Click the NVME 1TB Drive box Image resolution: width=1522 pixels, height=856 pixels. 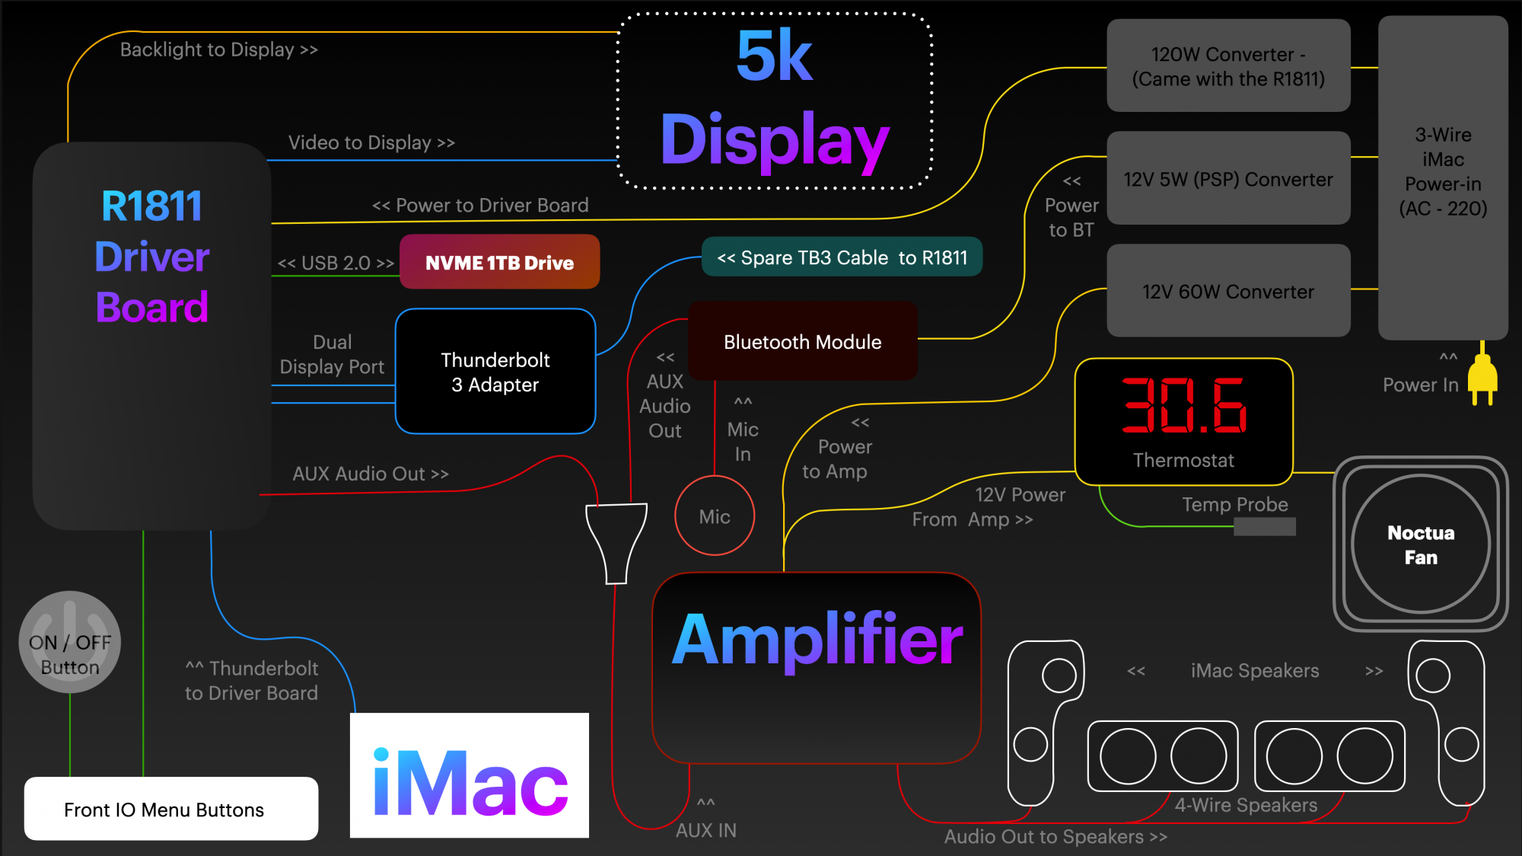point(499,262)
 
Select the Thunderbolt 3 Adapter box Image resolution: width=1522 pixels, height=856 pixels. point(495,372)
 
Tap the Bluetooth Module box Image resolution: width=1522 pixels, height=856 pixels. point(802,341)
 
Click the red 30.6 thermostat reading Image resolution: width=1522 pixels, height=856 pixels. point(1183,405)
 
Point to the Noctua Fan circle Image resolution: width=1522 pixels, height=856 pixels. point(1420,544)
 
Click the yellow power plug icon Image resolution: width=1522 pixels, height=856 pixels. point(1482,376)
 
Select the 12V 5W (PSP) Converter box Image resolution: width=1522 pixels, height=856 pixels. point(1228,178)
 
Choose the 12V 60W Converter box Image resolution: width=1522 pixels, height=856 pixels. point(1228,291)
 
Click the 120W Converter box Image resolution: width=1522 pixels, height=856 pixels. point(1228,66)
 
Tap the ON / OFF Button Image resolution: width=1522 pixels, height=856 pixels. point(70,642)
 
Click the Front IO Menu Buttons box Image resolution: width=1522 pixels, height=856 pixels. point(171,809)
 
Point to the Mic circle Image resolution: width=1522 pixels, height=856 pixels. point(715,516)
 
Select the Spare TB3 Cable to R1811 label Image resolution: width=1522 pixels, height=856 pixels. point(842,257)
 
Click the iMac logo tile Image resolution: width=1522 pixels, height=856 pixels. point(470,775)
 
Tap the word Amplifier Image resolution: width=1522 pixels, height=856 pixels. point(817,640)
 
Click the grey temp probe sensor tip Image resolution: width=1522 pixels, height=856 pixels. point(1264,526)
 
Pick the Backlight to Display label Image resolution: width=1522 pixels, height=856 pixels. point(218,50)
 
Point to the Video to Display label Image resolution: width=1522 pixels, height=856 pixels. point(371,142)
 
